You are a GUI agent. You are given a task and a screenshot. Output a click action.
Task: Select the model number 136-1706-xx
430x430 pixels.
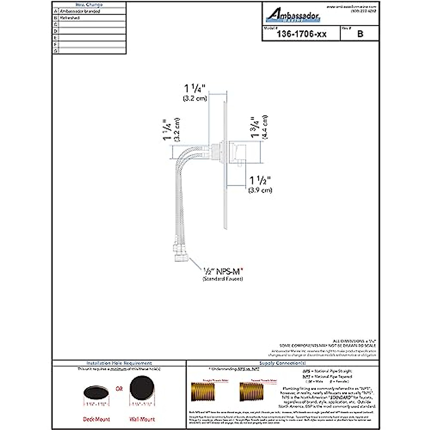click(301, 34)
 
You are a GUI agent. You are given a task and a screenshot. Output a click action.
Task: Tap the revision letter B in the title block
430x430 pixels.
click(360, 34)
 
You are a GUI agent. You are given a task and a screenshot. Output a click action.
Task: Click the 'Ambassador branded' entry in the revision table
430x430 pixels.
click(80, 11)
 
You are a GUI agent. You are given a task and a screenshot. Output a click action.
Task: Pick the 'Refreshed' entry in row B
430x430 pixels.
click(70, 18)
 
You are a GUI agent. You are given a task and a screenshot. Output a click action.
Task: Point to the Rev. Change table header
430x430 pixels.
click(89, 5)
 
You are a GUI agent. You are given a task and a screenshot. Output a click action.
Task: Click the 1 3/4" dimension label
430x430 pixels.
click(255, 127)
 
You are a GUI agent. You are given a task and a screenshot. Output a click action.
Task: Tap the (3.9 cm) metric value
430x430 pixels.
click(260, 190)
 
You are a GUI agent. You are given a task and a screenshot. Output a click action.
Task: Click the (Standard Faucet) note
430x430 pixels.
click(223, 279)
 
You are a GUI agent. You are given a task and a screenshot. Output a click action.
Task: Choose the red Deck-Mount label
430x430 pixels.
click(96, 419)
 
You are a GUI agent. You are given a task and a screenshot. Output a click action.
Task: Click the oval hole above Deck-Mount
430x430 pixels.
click(96, 392)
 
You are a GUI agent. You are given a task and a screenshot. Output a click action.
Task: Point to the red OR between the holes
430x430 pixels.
click(119, 388)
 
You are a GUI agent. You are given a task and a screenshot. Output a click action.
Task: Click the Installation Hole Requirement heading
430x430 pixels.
click(119, 363)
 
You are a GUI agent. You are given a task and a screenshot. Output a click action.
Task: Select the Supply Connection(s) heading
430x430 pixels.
click(282, 363)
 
